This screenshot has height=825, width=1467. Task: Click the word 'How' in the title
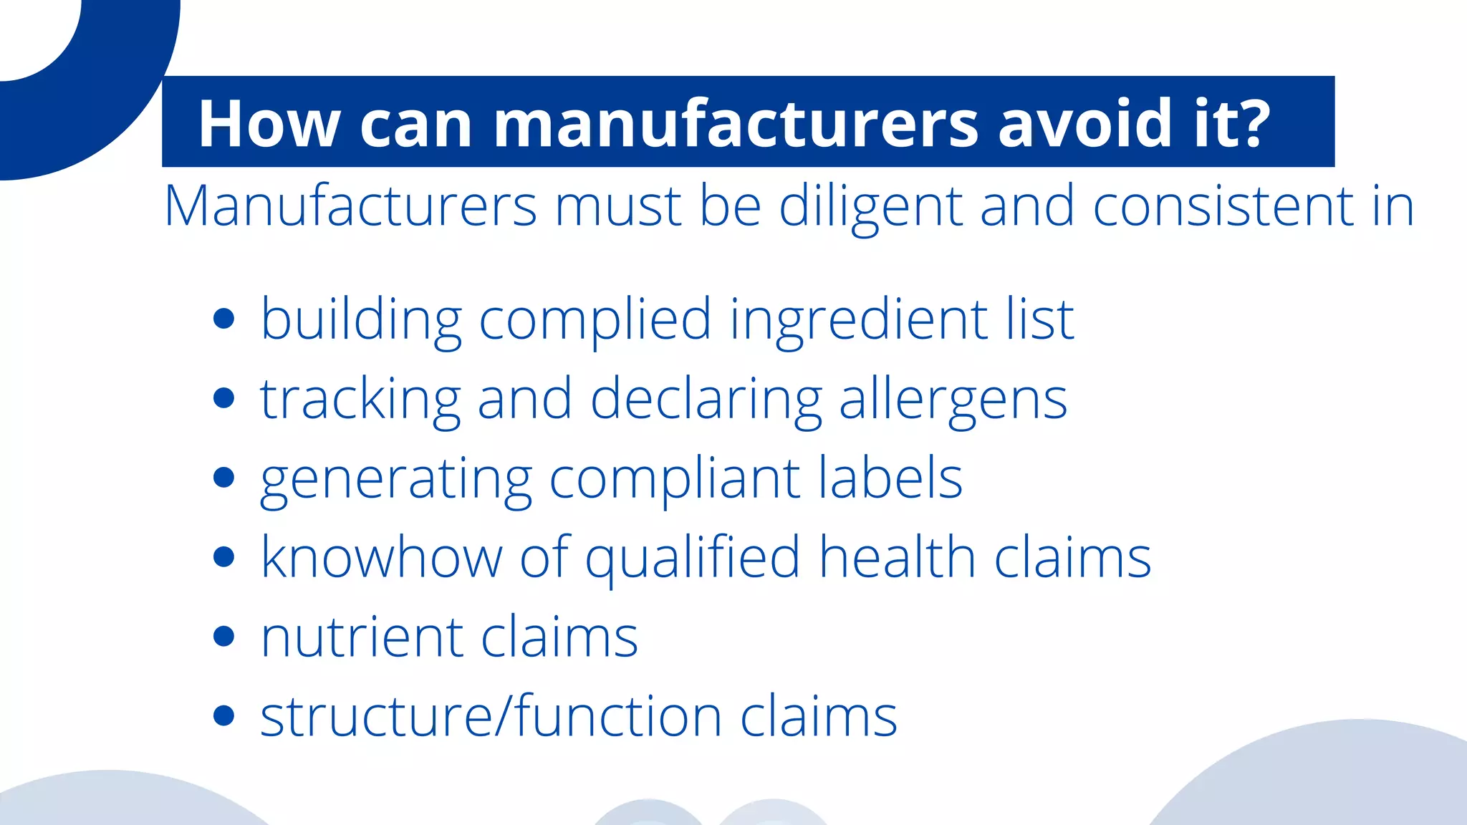(269, 123)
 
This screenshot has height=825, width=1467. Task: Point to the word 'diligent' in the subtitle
(870, 206)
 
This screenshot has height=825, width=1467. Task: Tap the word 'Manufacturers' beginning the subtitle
(350, 206)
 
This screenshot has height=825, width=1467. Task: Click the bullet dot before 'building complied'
(224, 319)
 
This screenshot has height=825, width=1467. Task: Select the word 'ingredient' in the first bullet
(859, 320)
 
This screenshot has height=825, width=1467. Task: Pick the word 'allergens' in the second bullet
(953, 400)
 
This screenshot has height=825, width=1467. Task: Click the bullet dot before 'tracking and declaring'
(224, 398)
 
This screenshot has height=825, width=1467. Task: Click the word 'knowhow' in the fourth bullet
(382, 557)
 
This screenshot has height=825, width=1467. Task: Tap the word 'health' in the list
(898, 557)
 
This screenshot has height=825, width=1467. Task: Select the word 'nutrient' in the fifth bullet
(362, 637)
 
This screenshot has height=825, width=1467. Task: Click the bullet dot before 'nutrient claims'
(224, 636)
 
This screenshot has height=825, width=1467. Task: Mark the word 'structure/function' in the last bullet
(491, 715)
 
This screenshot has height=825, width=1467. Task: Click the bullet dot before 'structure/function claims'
(224, 715)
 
